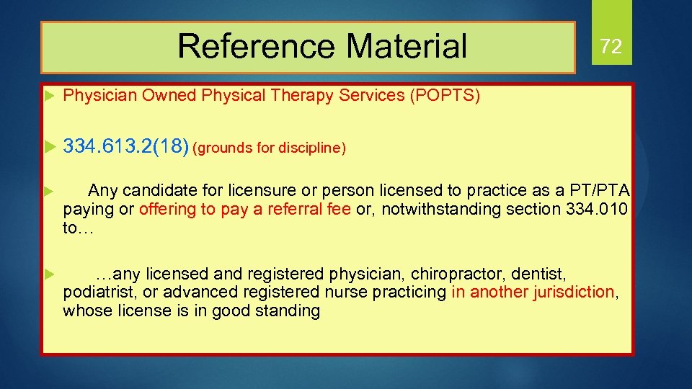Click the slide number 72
point(611,48)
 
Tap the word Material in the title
point(407,47)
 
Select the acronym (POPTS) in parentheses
point(445,96)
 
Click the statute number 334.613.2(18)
point(126,147)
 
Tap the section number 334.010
point(598,210)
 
